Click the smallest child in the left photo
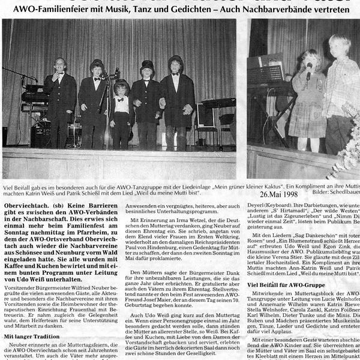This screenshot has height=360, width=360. click(x=122, y=114)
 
